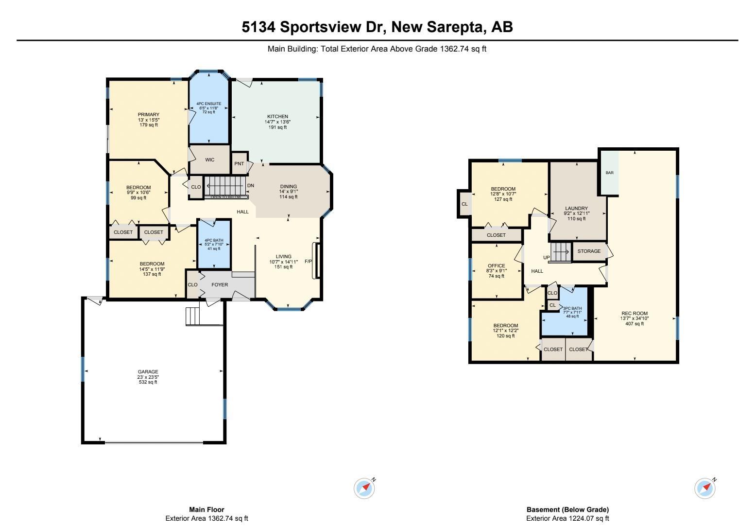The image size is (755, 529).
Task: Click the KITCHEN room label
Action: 277,116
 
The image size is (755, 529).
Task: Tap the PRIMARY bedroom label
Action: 148,114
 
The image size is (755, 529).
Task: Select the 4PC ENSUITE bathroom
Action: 209,107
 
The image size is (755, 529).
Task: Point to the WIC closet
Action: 210,159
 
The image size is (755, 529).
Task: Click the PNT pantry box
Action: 240,163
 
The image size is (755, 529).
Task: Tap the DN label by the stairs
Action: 250,186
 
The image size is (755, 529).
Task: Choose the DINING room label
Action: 289,186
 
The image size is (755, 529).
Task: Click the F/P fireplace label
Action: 308,261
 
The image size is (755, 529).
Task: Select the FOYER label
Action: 220,284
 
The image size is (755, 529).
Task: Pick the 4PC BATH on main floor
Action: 214,244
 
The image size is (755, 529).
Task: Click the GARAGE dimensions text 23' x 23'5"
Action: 148,377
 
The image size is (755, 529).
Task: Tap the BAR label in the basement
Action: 609,173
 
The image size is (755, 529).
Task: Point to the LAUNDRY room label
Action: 576,208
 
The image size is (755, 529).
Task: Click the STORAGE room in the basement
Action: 589,251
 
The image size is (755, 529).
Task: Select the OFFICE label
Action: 497,265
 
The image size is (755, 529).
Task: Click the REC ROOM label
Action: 635,313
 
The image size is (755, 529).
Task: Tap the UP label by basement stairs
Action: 547,257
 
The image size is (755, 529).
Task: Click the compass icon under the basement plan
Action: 705,488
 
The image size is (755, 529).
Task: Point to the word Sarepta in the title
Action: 456,27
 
